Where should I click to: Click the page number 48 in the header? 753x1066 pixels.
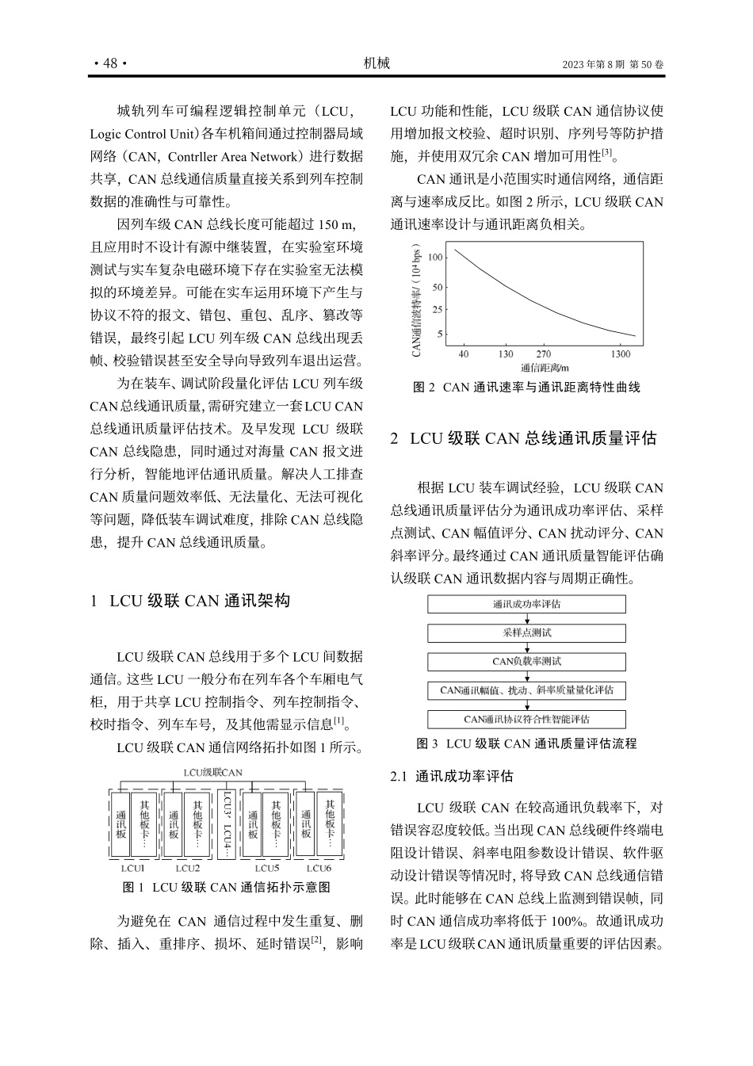coord(110,63)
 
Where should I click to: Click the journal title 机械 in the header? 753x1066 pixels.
coord(376,63)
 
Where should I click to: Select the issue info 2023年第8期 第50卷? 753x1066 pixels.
coord(613,64)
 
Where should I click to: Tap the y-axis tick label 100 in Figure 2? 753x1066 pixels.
coord(435,258)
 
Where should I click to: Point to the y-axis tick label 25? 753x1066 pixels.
coord(438,309)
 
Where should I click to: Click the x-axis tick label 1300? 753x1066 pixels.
coord(621,354)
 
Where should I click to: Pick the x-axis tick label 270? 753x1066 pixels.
coord(543,354)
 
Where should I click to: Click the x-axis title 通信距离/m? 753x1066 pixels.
coord(545,368)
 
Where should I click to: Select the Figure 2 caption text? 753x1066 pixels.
coord(527,388)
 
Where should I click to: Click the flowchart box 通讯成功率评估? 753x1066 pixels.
coord(526,604)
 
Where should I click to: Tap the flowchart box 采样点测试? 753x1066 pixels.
coord(526,632)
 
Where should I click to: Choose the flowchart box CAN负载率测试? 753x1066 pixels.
coord(526,661)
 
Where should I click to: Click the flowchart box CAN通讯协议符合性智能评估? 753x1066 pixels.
coord(526,720)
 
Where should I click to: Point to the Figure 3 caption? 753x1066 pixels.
coord(526,743)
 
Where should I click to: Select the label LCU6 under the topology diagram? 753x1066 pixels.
coord(319,868)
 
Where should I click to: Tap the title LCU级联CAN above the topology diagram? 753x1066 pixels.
coord(212,772)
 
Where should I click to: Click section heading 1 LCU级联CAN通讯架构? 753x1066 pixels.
coord(190,601)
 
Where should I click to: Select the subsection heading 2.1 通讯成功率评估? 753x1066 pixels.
coord(452,776)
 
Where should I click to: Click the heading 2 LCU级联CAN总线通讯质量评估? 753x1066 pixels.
coord(523,438)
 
